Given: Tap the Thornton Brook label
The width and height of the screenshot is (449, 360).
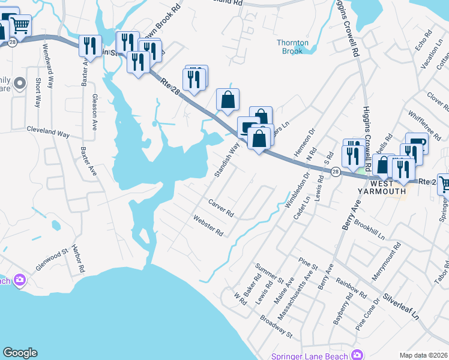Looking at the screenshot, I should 293,47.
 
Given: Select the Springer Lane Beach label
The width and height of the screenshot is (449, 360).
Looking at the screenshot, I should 309,356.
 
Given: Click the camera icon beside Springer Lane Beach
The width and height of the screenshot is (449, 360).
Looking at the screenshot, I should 358,355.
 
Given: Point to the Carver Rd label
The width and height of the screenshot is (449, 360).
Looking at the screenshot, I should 220,209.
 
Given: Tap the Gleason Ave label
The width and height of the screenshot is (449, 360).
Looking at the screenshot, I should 94,112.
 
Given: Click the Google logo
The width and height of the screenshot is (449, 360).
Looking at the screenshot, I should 20,353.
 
